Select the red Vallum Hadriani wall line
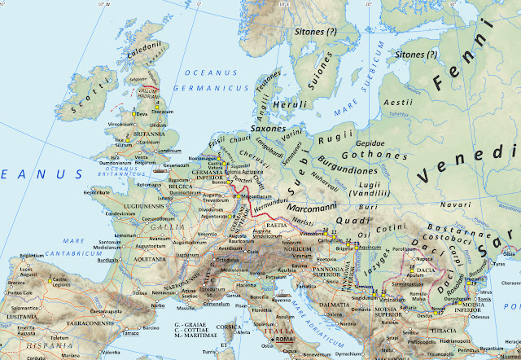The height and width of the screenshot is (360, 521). (150, 87)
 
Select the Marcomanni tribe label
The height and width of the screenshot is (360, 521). (313, 208)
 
